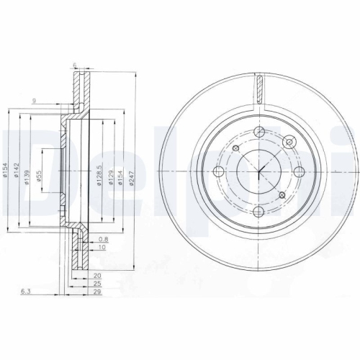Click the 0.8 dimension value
click(x=103, y=239)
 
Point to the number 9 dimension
click(x=34, y=101)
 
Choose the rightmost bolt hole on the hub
click(x=299, y=171)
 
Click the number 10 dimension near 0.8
click(x=103, y=247)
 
